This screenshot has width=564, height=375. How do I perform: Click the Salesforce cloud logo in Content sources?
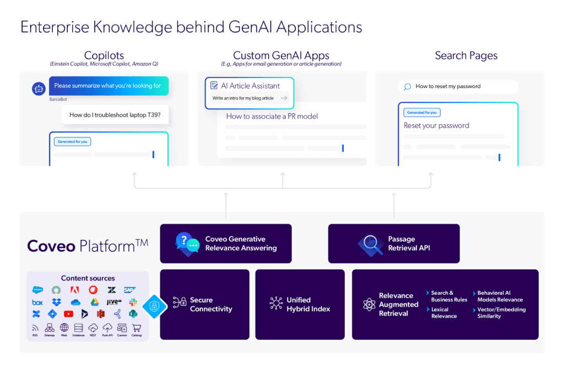point(38,290)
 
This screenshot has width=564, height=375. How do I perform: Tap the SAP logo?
point(130,290)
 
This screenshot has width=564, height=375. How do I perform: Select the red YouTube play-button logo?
point(68,314)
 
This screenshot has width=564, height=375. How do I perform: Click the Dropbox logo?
point(56,302)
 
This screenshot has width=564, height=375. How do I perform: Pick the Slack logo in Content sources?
point(133,302)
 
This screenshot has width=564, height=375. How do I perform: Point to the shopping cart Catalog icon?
point(137,328)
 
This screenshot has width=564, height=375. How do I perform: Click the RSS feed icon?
point(36,328)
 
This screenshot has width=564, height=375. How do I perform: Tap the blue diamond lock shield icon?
point(154,305)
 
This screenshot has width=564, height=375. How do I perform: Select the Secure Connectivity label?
point(211,304)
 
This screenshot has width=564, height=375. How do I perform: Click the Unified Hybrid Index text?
point(308,304)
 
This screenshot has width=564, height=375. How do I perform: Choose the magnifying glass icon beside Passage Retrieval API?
point(370,244)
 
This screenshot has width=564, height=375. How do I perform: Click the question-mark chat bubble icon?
point(187,243)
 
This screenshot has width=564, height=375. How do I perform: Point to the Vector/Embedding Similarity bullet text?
point(501,312)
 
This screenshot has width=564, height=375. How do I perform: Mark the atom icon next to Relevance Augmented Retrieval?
point(369,304)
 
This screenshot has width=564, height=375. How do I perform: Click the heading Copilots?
point(104,56)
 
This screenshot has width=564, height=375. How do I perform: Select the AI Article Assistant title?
point(250,86)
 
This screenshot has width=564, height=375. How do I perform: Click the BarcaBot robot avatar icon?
point(39,88)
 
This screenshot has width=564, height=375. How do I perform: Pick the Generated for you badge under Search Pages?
point(422,112)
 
